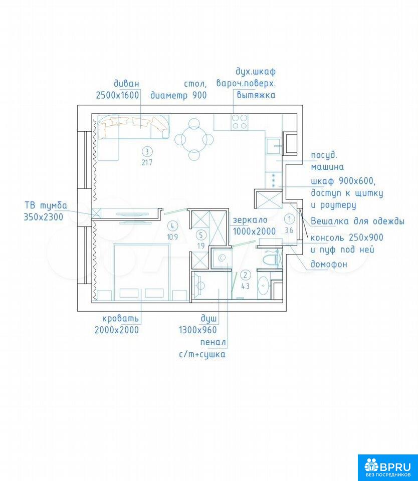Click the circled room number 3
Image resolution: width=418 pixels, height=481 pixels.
pyautogui.click(x=147, y=151)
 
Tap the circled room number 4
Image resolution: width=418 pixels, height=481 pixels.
pyautogui.click(x=172, y=226)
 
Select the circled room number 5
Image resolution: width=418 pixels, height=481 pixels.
pyautogui.click(x=201, y=235)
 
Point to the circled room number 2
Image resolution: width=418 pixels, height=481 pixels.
pyautogui.click(x=245, y=275)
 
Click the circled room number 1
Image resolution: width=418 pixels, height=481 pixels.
pyautogui.click(x=289, y=219)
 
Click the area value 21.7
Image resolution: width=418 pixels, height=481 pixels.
pyautogui.click(x=147, y=162)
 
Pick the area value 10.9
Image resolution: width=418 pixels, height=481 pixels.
pyautogui.click(x=172, y=237)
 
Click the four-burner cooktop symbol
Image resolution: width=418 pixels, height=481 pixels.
pyautogui.click(x=240, y=122)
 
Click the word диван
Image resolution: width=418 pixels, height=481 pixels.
pyautogui.click(x=126, y=84)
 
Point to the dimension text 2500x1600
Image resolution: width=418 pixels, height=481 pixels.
pyautogui.click(x=118, y=95)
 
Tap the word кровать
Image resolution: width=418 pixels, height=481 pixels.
pyautogui.click(x=120, y=319)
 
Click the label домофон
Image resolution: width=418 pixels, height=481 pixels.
pyautogui.click(x=329, y=264)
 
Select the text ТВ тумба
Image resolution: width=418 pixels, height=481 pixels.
pyautogui.click(x=46, y=205)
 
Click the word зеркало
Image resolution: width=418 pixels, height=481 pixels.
pyautogui.click(x=250, y=220)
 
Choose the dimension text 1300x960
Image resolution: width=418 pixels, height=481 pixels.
pyautogui.click(x=198, y=330)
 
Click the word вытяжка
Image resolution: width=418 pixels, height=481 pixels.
pyautogui.click(x=256, y=95)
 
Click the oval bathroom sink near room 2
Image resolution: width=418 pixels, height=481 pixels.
pyautogui.click(x=263, y=286)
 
